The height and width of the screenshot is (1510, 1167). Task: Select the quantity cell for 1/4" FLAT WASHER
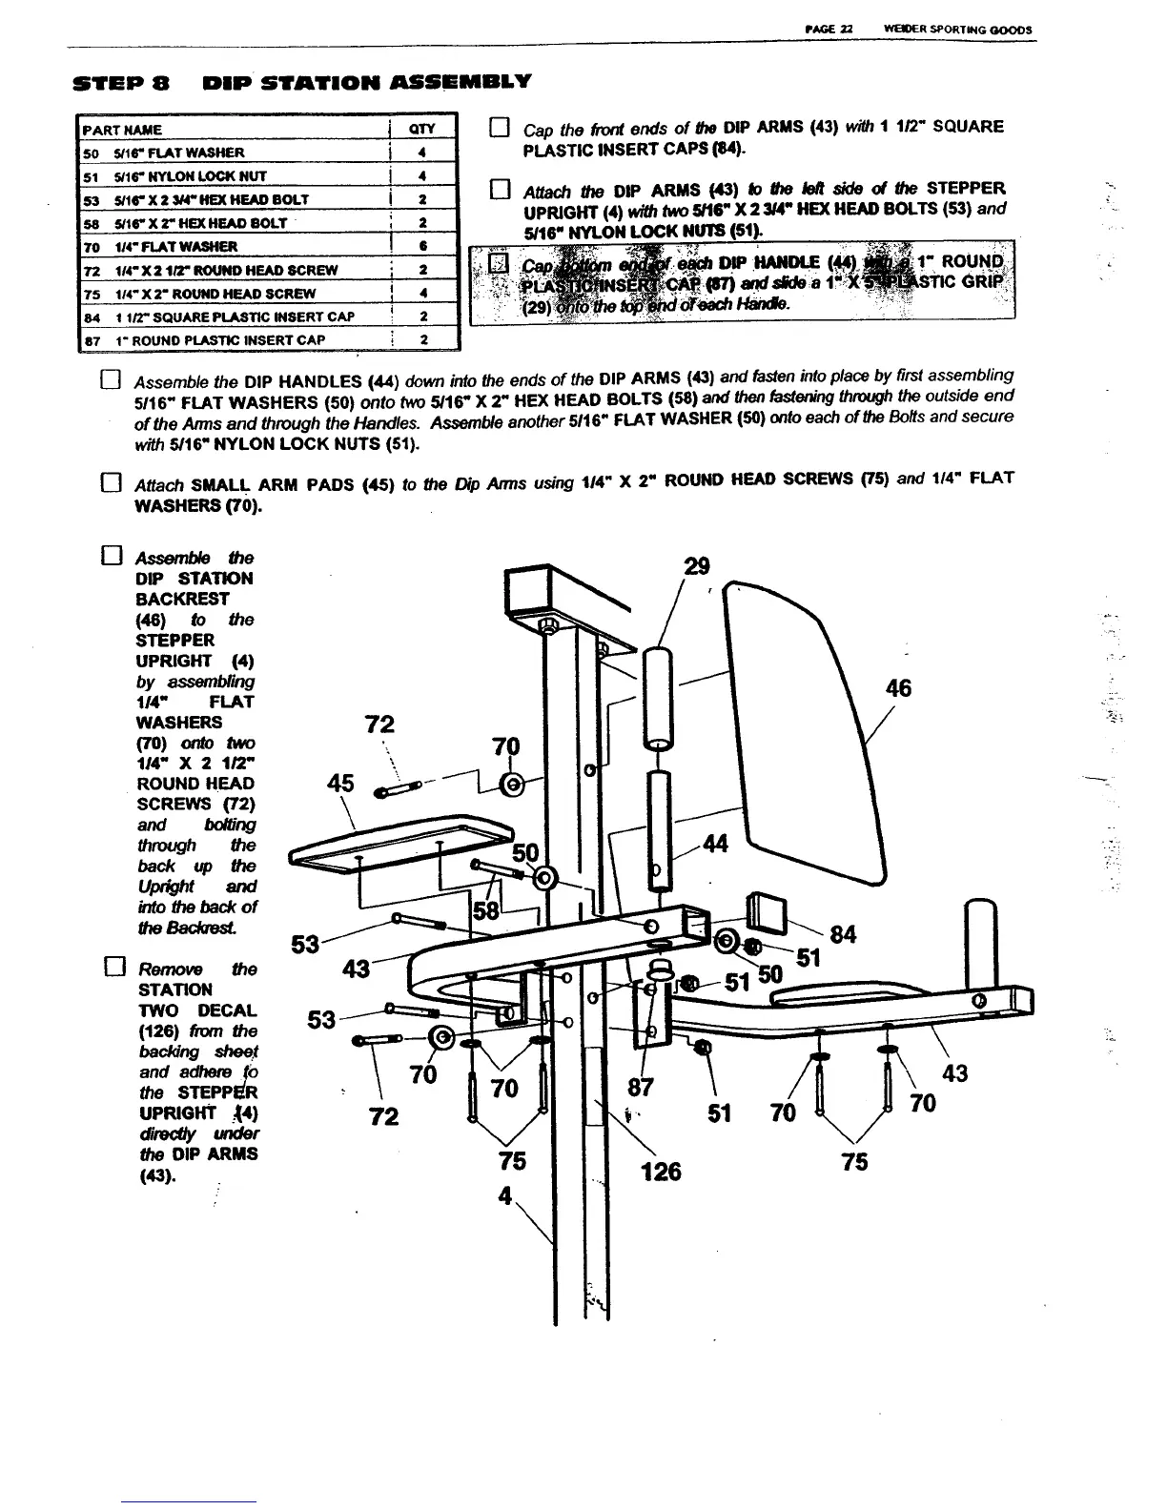pos(422,246)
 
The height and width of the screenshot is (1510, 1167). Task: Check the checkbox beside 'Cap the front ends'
pos(496,128)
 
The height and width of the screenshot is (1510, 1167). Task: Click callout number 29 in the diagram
pos(697,566)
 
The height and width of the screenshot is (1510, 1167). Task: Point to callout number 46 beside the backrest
pos(898,687)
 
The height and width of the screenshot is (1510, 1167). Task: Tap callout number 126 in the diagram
pos(661,1170)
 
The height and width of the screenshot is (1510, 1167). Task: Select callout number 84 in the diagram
pos(843,933)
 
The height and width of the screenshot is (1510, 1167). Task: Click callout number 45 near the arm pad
pos(340,783)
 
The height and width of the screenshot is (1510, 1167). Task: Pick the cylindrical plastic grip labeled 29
pos(657,700)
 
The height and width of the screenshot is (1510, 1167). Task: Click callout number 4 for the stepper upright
pos(506,1194)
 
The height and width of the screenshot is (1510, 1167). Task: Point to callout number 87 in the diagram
pos(641,1088)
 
